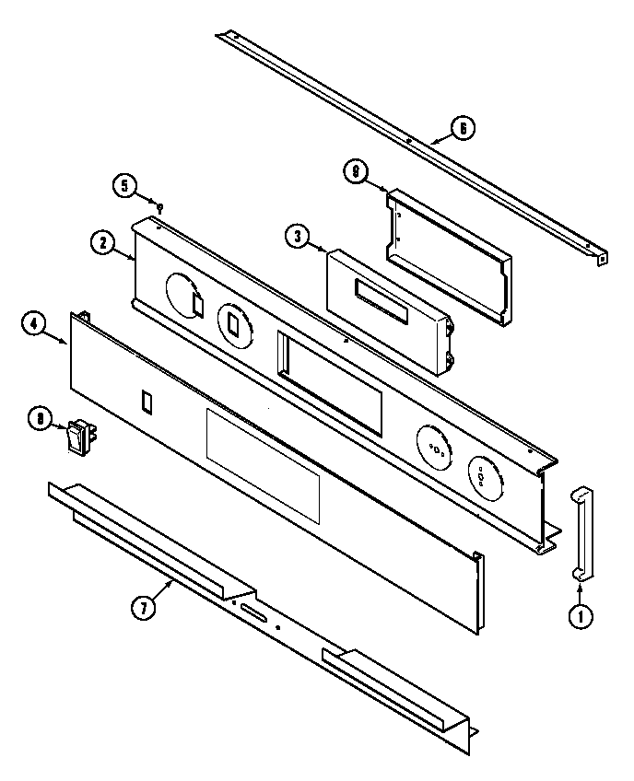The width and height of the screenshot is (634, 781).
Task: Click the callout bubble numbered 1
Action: point(581,618)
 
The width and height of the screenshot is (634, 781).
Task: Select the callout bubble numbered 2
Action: point(102,243)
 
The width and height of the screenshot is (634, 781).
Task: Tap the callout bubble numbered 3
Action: point(296,237)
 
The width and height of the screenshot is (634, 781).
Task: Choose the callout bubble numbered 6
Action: point(463,128)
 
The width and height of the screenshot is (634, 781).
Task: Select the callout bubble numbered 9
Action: point(355,170)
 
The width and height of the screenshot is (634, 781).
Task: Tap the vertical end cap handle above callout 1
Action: point(582,533)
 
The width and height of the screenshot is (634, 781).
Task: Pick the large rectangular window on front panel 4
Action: point(262,466)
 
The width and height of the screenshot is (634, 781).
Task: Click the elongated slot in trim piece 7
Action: point(252,612)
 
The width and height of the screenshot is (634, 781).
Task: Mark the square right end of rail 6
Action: point(602,259)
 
